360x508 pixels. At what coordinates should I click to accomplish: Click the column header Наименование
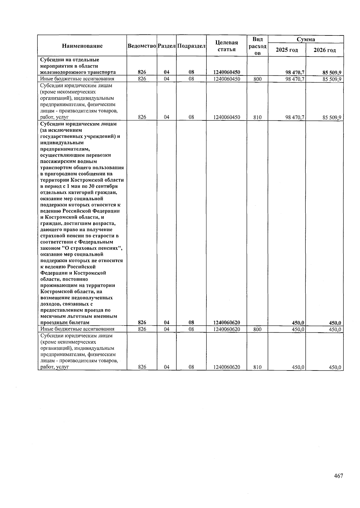82,46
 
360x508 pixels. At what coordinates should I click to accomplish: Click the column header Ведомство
142,46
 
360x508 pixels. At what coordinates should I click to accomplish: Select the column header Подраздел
191,46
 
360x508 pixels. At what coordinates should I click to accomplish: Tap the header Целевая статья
226,46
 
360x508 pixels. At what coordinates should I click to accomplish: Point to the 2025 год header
286,50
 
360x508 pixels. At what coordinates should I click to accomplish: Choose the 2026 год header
324,50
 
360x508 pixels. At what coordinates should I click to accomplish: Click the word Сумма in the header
306,39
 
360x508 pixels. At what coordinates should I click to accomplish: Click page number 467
338,476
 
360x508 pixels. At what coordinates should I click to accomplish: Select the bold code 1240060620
226,323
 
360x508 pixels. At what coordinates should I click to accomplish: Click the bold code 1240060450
226,72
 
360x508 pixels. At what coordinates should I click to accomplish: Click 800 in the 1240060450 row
257,79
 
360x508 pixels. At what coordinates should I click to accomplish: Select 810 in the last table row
257,367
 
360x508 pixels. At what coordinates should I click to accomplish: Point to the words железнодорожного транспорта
78,72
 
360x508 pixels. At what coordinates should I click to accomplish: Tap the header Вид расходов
257,46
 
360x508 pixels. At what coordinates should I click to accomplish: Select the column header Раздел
166,46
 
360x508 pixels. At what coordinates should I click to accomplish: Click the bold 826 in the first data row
142,72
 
